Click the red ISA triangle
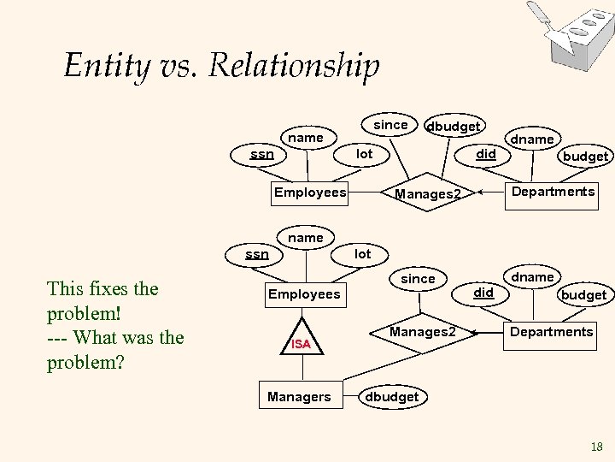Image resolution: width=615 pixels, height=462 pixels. pyautogui.click(x=300, y=342)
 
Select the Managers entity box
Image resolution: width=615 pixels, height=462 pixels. pyautogui.click(x=299, y=396)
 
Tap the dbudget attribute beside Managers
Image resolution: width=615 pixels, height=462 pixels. pyautogui.click(x=391, y=396)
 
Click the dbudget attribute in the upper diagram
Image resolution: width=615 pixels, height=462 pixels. pyautogui.click(x=453, y=126)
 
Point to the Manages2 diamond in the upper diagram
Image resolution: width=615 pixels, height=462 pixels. pyautogui.click(x=427, y=194)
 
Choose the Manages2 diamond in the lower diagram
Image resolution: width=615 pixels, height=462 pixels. pyautogui.click(x=422, y=331)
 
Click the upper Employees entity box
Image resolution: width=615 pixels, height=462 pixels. pyautogui.click(x=310, y=192)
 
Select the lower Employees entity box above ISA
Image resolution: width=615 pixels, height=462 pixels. pyautogui.click(x=304, y=294)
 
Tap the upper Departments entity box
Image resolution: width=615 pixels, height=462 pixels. pyautogui.click(x=553, y=192)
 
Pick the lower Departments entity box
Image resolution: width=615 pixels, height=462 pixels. pyautogui.click(x=551, y=331)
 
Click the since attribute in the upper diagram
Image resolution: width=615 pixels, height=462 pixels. pyautogui.click(x=390, y=124)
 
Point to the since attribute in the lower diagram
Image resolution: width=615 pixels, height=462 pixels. pyautogui.click(x=418, y=278)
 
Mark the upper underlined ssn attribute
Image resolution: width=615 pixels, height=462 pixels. pyautogui.click(x=261, y=154)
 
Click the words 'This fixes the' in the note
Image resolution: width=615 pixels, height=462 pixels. pyautogui.click(x=103, y=288)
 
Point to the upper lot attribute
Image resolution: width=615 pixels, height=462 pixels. pyautogui.click(x=365, y=154)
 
